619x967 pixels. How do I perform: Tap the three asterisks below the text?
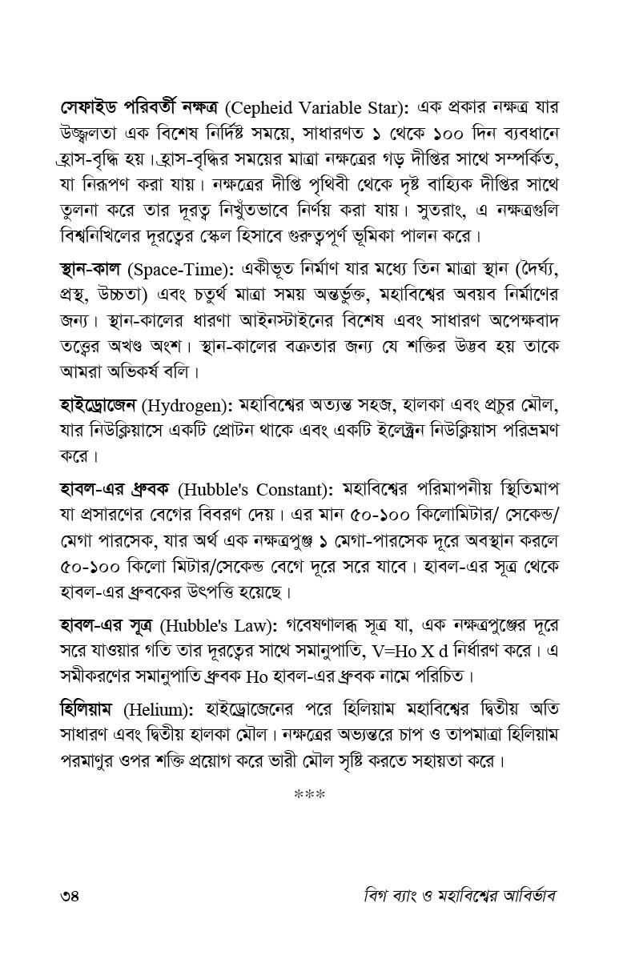[309, 796]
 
